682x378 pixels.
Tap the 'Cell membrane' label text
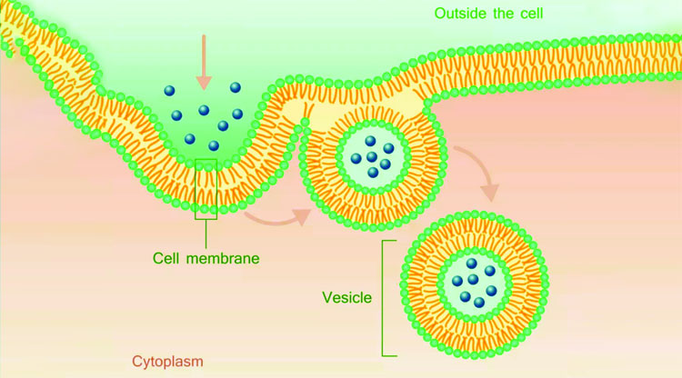point(207,259)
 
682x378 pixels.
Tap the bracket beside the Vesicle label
point(386,297)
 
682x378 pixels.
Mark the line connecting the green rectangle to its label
point(206,233)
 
